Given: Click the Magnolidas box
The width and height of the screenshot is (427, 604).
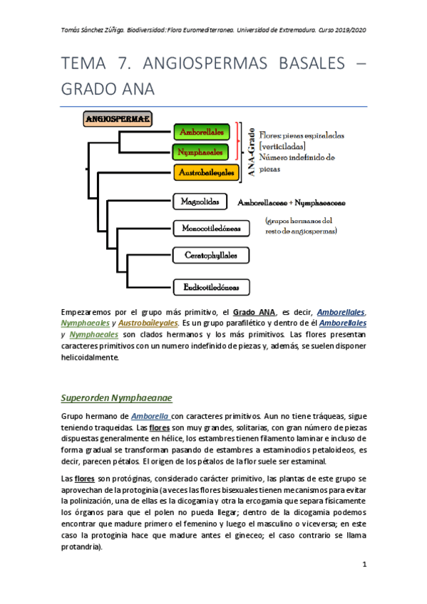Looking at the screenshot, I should click(200, 202).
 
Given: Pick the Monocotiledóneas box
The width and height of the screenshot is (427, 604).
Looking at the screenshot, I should click(211, 229).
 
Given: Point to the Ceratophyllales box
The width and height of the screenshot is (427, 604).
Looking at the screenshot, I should click(211, 254).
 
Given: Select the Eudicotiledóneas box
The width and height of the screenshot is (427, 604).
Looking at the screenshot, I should click(211, 287).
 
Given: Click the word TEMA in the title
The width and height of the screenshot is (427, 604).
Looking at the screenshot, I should click(86, 65).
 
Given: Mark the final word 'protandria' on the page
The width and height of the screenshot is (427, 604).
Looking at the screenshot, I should click(82, 547).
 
